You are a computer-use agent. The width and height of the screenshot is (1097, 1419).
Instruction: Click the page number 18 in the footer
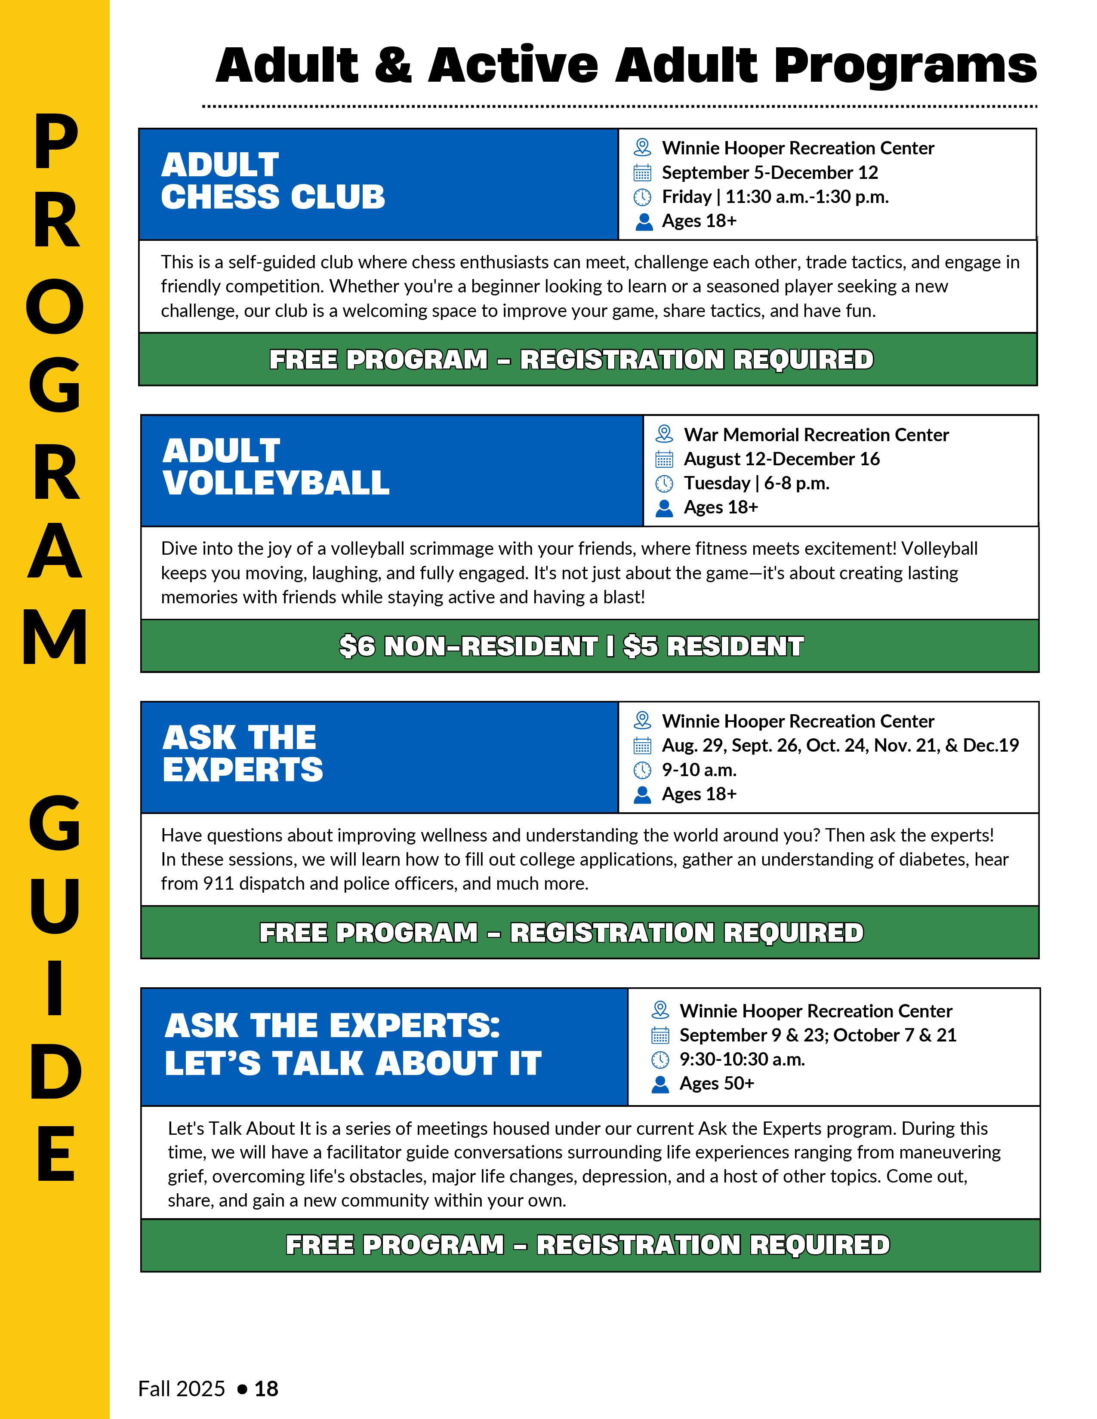click(x=266, y=1388)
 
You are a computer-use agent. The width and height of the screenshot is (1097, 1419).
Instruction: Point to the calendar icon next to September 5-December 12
click(x=642, y=173)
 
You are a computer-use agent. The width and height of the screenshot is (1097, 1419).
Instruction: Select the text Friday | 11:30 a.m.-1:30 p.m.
click(x=775, y=197)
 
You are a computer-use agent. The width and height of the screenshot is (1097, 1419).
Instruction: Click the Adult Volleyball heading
click(x=276, y=467)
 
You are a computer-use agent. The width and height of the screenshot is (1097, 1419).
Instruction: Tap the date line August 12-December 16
click(x=781, y=459)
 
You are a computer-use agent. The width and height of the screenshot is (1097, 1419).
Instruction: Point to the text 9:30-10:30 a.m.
click(x=742, y=1059)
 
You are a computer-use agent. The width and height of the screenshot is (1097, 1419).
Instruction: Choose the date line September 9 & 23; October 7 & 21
click(x=817, y=1035)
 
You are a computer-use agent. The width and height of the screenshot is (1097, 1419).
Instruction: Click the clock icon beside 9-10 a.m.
click(x=642, y=770)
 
